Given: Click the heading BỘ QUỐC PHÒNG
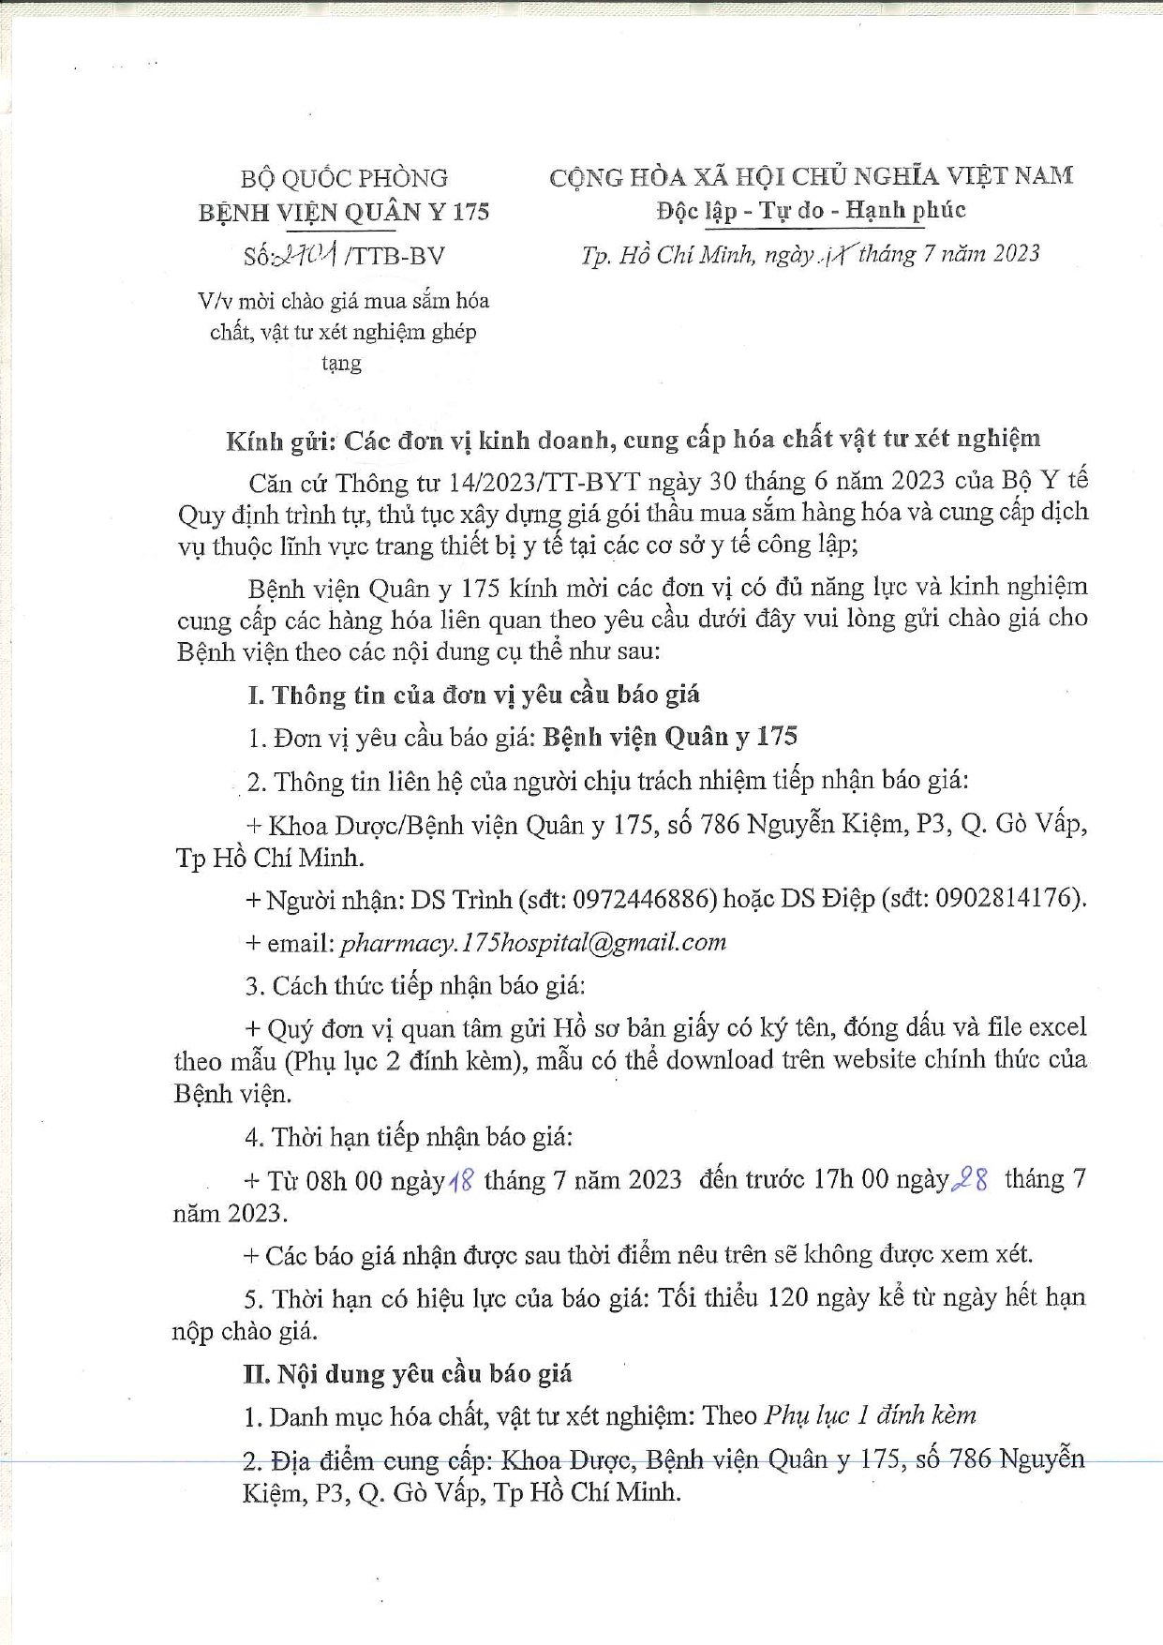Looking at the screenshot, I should click(344, 178).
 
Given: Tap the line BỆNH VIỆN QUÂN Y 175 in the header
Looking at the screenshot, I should click(344, 212).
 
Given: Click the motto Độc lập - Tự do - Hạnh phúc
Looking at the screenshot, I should click(811, 210).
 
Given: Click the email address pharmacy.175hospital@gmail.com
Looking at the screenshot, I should click(533, 942).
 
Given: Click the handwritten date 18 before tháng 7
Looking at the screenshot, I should click(462, 1180).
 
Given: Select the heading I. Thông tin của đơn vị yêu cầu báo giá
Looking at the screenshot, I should click(473, 695).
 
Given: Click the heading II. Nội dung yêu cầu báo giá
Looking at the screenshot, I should click(408, 1374).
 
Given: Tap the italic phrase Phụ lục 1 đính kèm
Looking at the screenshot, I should click(870, 1415).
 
